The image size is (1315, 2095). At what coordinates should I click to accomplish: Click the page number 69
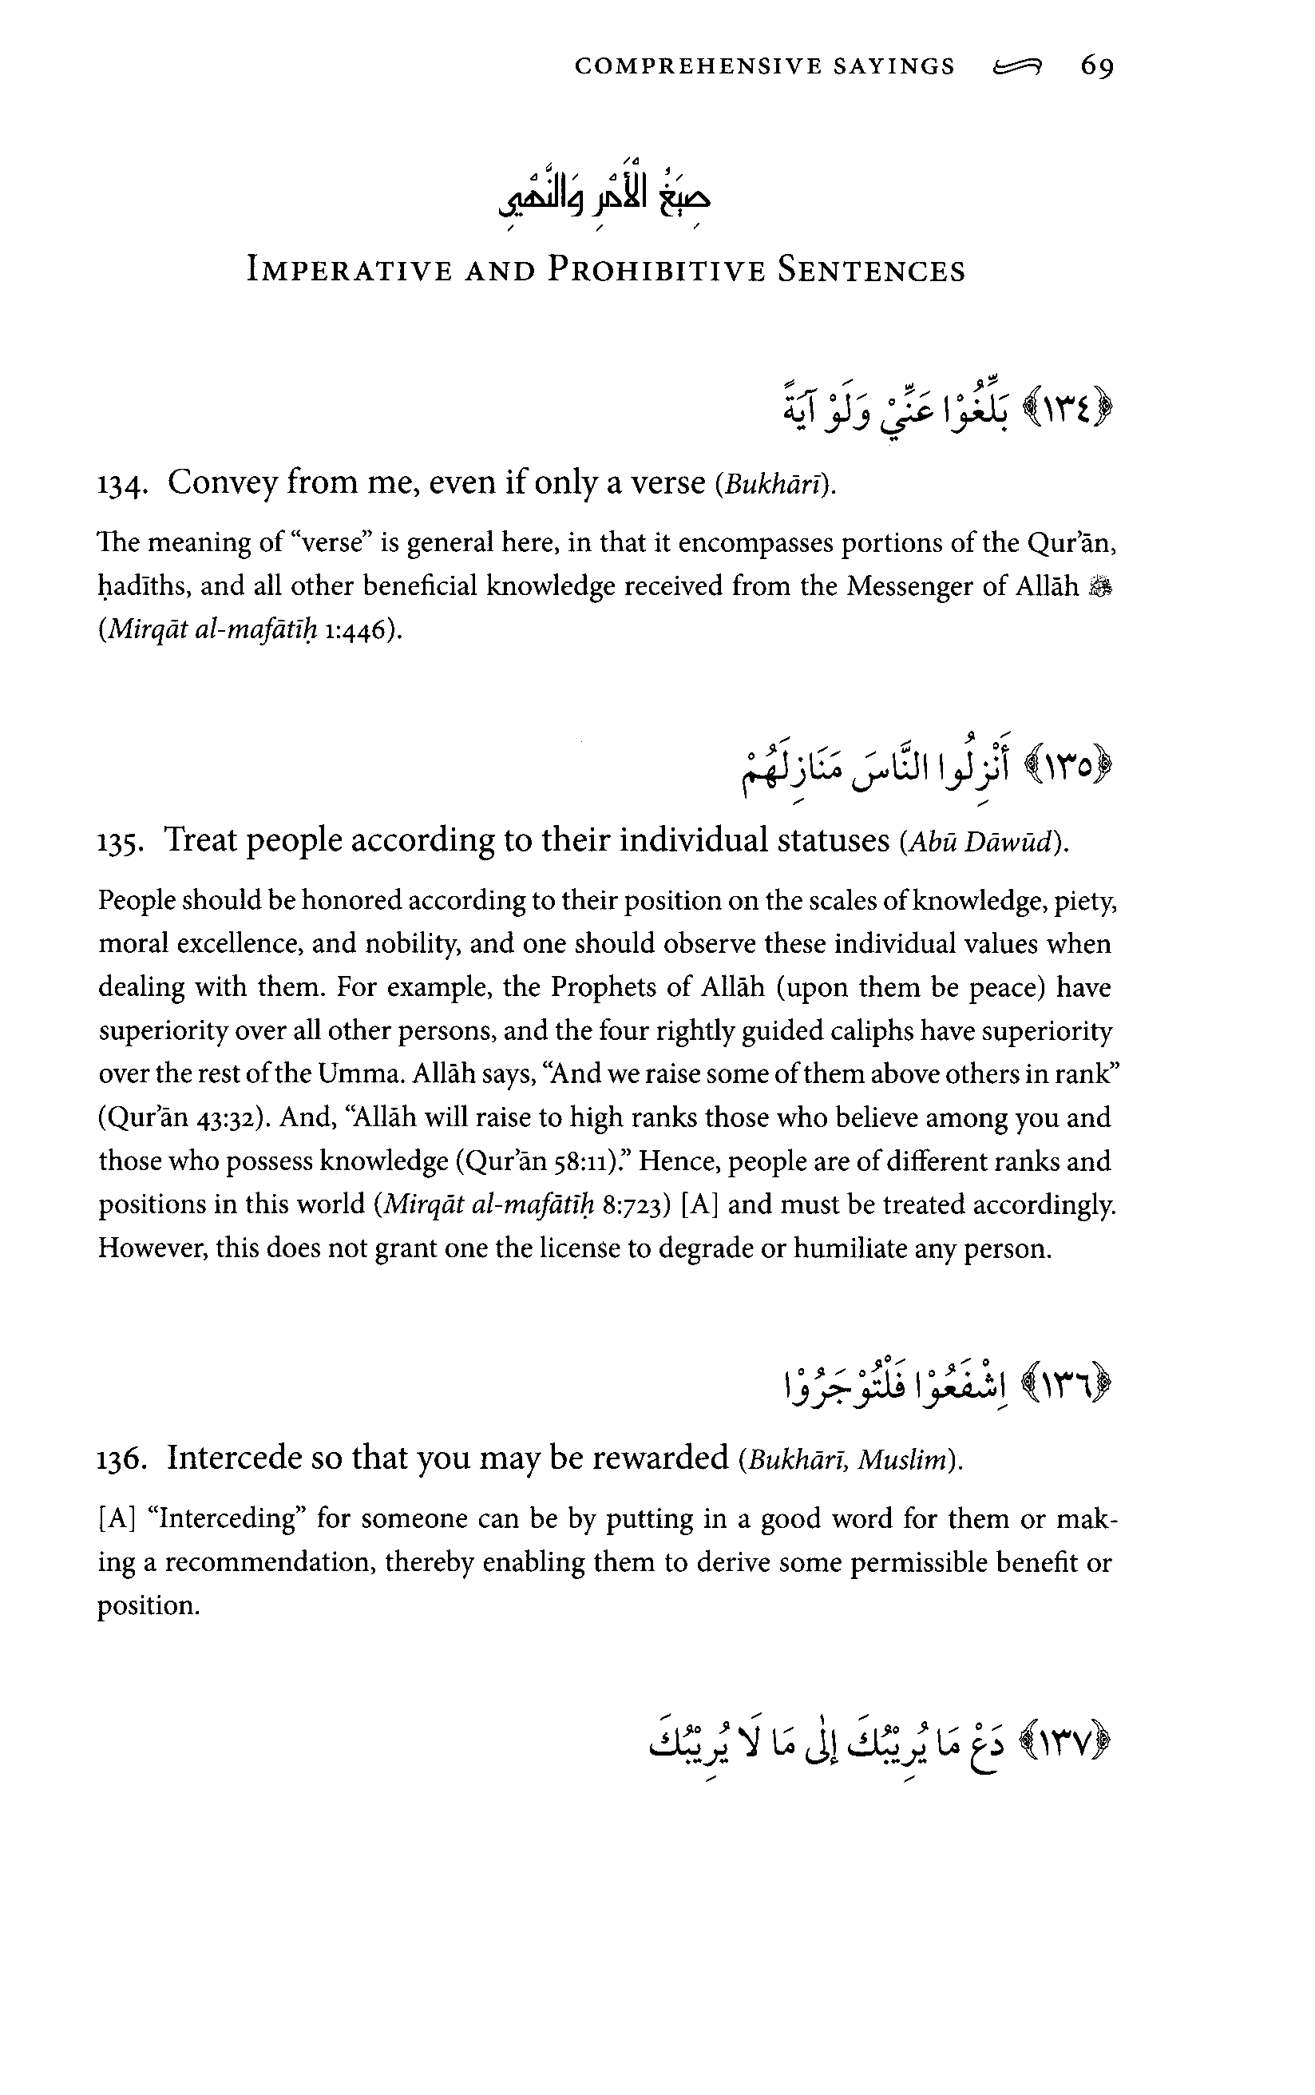point(1097,66)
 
